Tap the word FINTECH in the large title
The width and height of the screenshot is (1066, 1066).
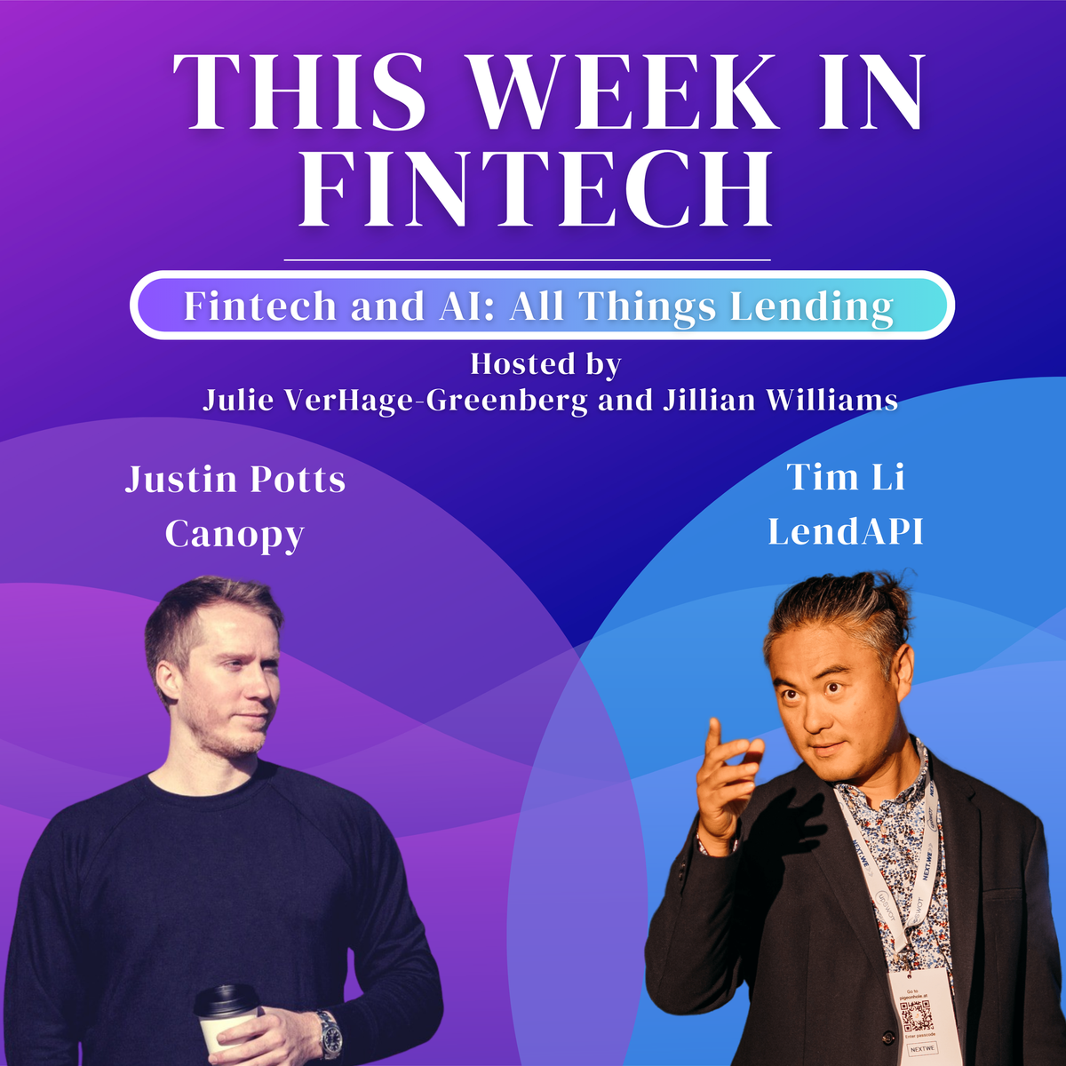pyautogui.click(x=535, y=189)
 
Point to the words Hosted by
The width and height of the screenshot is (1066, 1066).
pyautogui.click(x=545, y=364)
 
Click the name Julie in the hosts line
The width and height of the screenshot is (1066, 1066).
pyautogui.click(x=237, y=400)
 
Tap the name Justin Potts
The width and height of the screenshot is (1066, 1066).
pyautogui.click(x=235, y=480)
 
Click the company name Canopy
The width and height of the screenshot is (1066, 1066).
pyautogui.click(x=235, y=534)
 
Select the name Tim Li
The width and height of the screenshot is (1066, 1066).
pyautogui.click(x=845, y=478)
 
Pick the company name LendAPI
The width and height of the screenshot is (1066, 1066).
pyautogui.click(x=845, y=532)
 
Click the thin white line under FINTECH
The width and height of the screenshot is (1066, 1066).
pyautogui.click(x=527, y=260)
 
